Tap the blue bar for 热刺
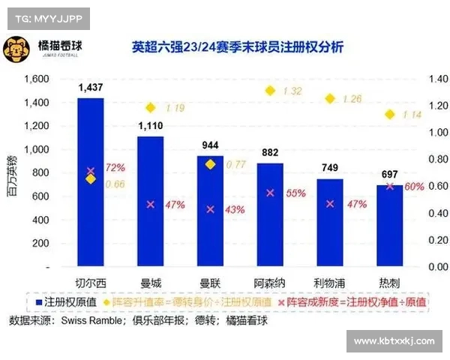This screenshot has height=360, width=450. click(x=389, y=226)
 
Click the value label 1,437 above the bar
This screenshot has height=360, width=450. click(x=90, y=88)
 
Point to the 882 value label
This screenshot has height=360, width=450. click(x=270, y=153)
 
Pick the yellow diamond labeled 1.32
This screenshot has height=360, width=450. click(x=271, y=91)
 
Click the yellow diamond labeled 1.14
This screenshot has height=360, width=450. click(x=390, y=114)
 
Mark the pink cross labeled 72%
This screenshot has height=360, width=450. click(x=91, y=171)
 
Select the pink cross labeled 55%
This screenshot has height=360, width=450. click(x=271, y=193)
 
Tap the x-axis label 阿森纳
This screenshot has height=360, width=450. click(x=270, y=283)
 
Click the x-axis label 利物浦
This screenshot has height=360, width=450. click(x=329, y=283)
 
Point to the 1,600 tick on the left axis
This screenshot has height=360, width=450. click(x=36, y=79)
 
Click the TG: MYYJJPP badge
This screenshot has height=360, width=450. click(x=46, y=16)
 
